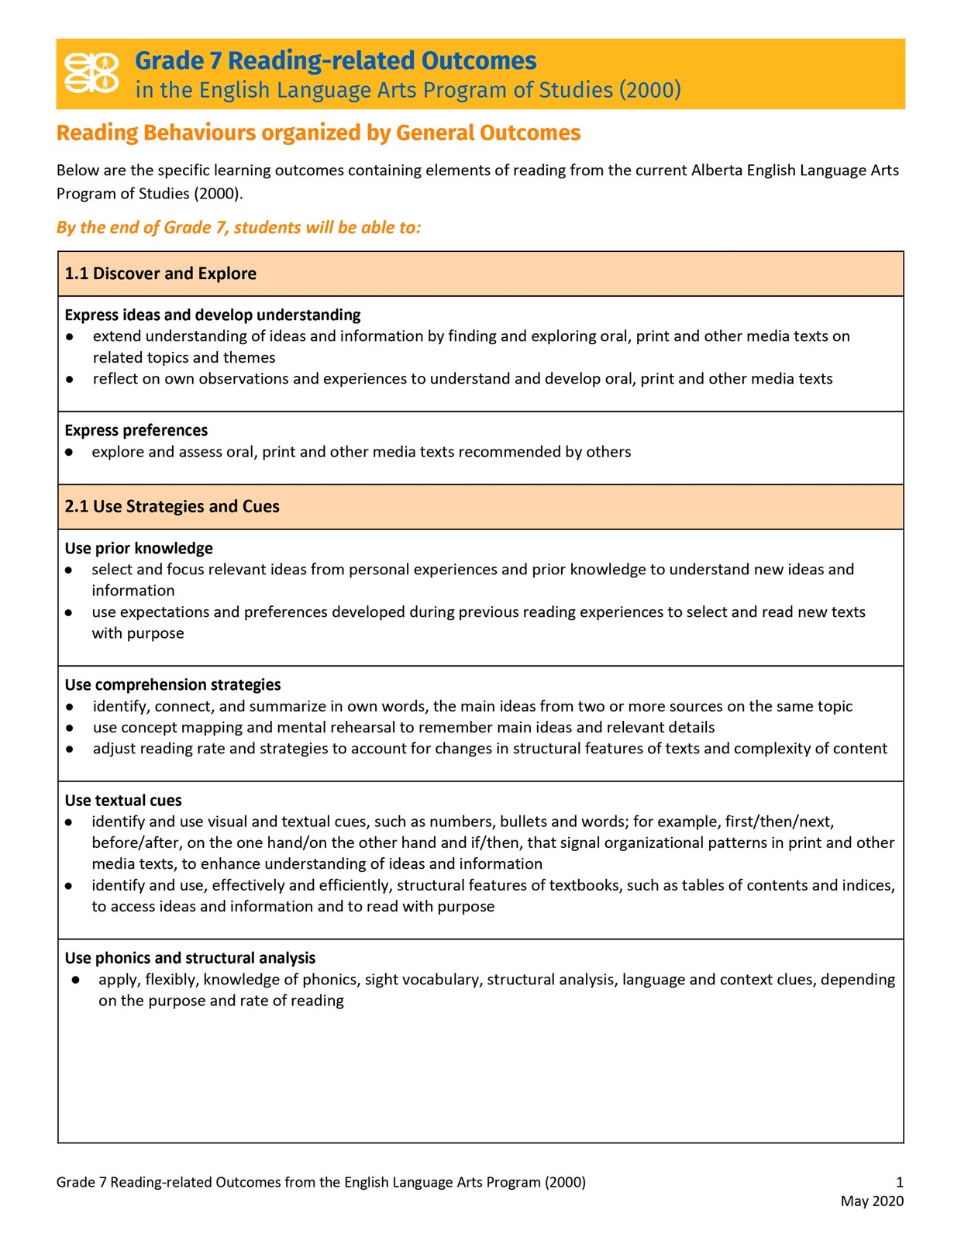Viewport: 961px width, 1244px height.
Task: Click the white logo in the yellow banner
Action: [91, 73]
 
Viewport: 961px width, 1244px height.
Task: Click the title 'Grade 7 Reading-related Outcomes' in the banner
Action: [335, 60]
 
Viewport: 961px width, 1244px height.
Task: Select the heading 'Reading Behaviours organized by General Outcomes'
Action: [318, 133]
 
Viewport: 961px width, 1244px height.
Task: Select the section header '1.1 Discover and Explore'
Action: [160, 274]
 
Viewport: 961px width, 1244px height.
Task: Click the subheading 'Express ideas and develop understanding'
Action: [212, 315]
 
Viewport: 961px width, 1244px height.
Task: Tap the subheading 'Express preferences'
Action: [136, 430]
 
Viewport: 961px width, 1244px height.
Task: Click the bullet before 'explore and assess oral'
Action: [70, 452]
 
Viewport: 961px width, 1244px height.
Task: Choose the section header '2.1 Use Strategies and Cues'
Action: [172, 507]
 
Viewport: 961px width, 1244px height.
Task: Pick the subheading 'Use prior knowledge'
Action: [139, 548]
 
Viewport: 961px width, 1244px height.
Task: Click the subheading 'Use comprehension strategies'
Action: [172, 684]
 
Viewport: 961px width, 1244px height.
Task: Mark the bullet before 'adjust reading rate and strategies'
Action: [70, 749]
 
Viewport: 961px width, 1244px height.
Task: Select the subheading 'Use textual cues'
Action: [123, 800]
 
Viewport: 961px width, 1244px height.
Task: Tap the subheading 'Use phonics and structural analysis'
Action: [190, 958]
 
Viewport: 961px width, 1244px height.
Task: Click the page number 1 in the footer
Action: [899, 1182]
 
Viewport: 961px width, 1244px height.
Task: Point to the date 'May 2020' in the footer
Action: [872, 1201]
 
